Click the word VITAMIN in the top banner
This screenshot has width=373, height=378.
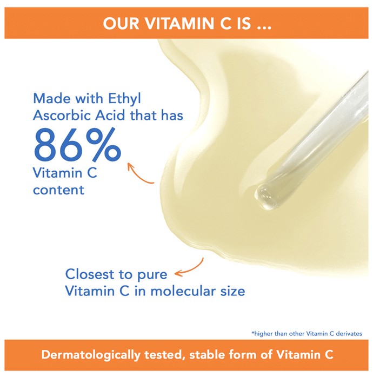[x=180, y=23]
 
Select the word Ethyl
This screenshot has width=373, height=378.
[x=124, y=99]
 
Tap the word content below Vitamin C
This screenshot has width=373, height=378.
[x=58, y=190]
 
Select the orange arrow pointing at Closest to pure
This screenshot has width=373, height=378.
[x=191, y=268]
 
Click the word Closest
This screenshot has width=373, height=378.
[x=90, y=274]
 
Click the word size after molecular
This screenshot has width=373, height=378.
[x=232, y=291]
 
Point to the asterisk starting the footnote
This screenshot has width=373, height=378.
[x=253, y=333]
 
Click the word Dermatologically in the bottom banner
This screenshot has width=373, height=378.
[x=91, y=355]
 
